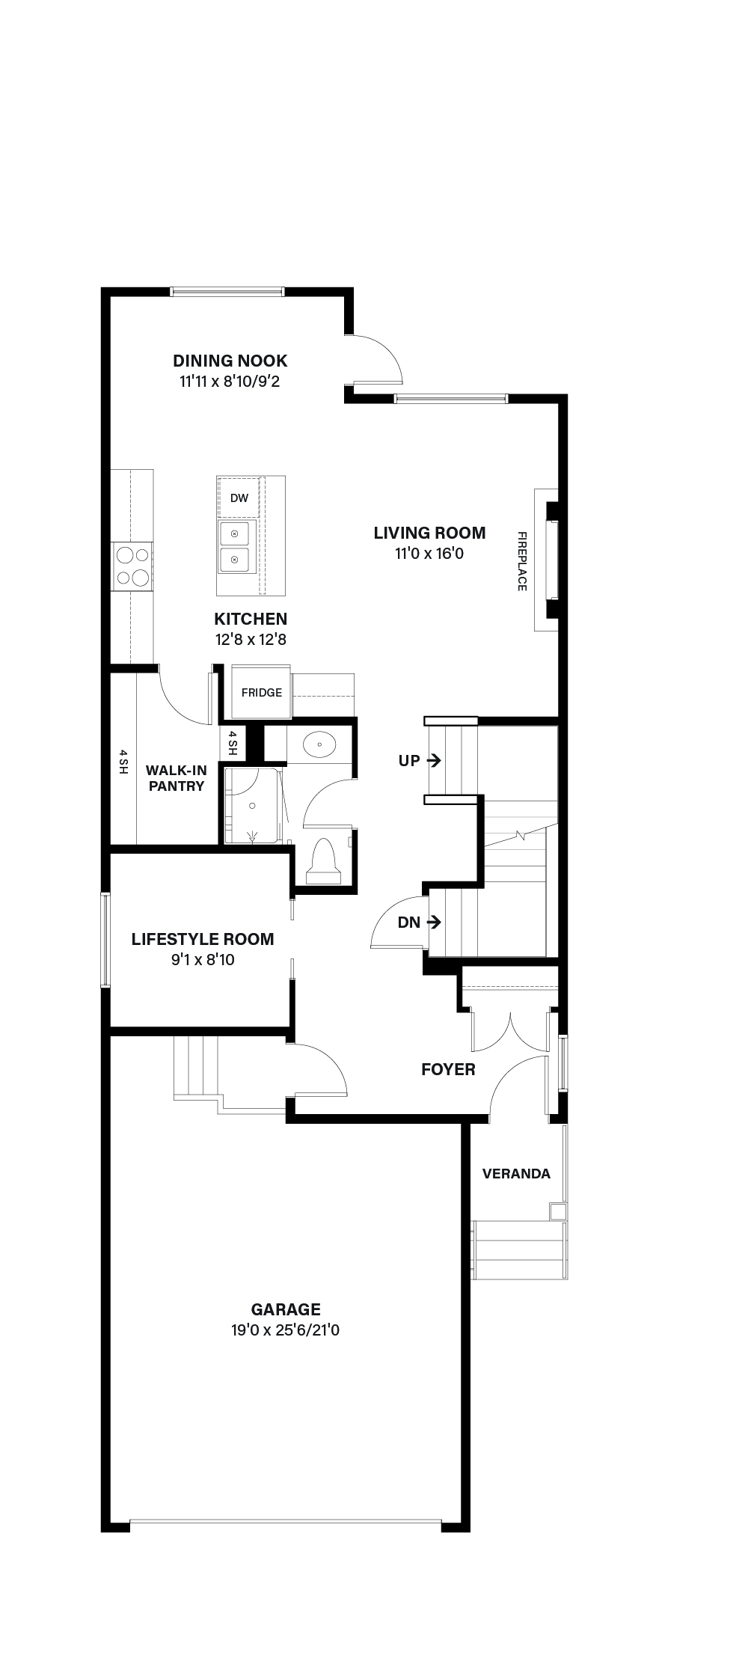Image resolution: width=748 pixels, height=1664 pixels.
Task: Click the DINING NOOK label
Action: [x=230, y=361]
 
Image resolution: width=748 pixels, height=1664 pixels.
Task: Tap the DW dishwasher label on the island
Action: [x=239, y=498]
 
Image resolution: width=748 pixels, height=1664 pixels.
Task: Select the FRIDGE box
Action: [x=261, y=691]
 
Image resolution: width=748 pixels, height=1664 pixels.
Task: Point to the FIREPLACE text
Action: [x=522, y=561]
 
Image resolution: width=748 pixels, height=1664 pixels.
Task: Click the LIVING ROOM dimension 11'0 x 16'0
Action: [x=430, y=554]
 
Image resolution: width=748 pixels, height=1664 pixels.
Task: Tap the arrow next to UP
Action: [x=433, y=760]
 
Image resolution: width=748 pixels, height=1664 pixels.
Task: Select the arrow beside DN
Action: [x=433, y=923]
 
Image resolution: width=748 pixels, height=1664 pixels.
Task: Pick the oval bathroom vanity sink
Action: [x=320, y=744]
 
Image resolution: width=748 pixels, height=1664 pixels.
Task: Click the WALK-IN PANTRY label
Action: [x=176, y=778]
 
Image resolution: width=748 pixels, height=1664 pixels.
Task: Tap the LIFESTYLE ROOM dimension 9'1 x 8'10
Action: [x=203, y=959]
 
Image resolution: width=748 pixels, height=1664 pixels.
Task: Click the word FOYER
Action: [x=448, y=1069]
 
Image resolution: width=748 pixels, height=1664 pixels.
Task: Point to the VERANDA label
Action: [x=516, y=1173]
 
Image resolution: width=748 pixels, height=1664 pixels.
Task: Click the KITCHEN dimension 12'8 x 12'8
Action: [x=251, y=640]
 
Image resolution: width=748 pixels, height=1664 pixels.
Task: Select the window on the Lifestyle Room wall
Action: [x=105, y=940]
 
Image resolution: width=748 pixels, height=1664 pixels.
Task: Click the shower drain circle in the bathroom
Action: [x=253, y=805]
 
